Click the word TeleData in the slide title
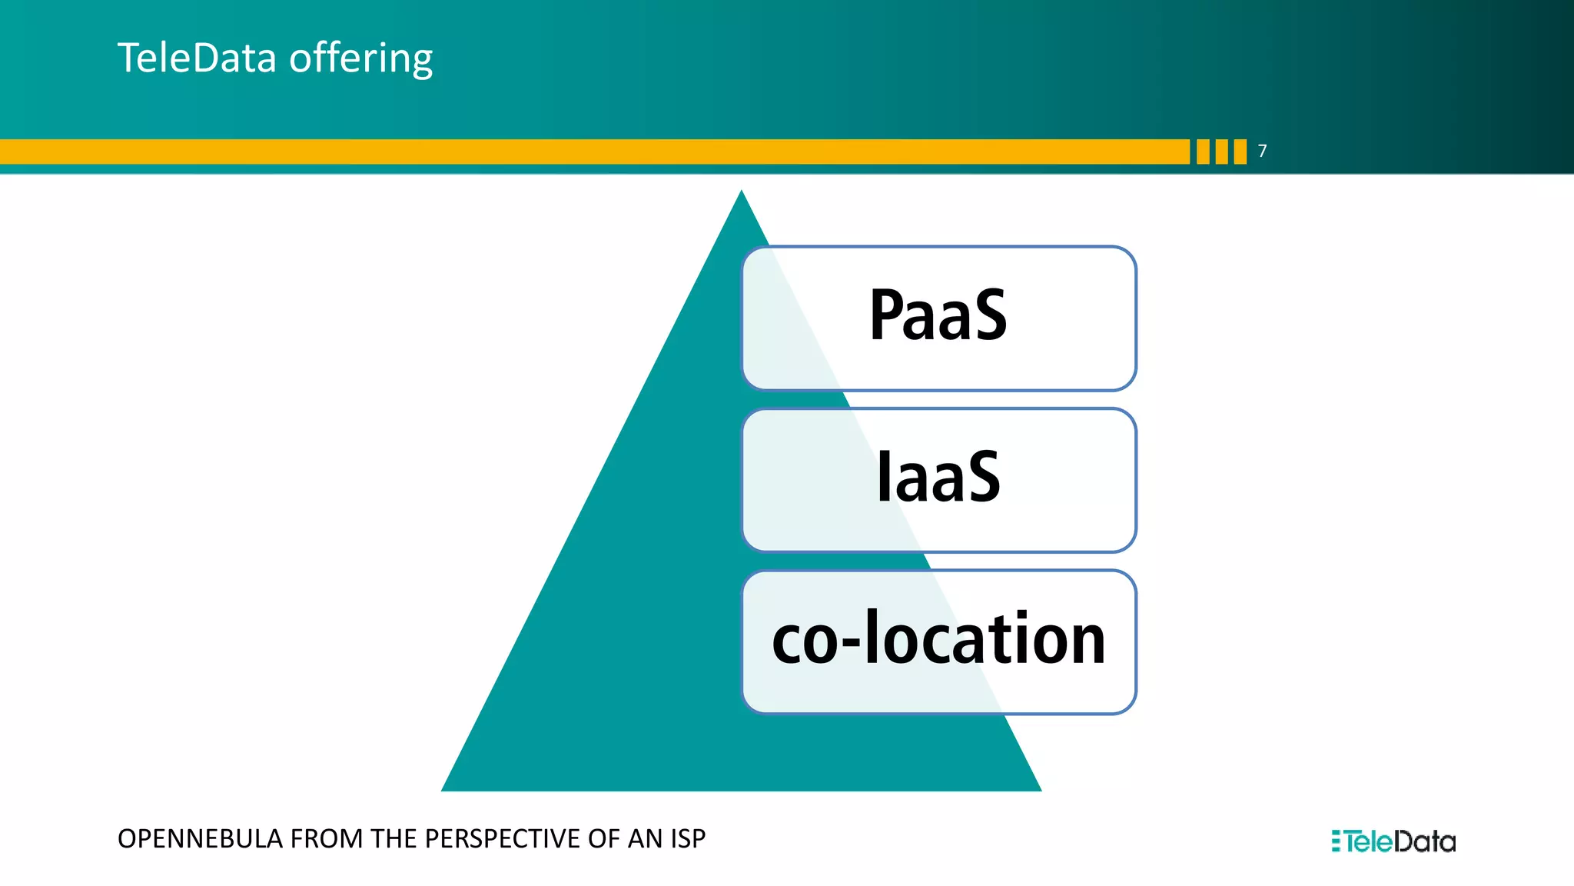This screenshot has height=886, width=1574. click(x=196, y=58)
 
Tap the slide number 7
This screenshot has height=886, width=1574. click(x=1262, y=152)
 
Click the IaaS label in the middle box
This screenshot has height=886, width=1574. click(x=938, y=478)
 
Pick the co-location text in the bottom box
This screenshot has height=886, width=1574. click(x=938, y=639)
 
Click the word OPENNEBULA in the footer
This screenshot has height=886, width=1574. click(x=200, y=839)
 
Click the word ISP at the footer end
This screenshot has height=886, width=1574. click(x=688, y=839)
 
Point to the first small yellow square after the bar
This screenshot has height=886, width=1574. click(x=1203, y=152)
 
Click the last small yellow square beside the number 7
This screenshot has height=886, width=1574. click(x=1240, y=152)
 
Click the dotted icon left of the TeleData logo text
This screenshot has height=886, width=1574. click(x=1337, y=841)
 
